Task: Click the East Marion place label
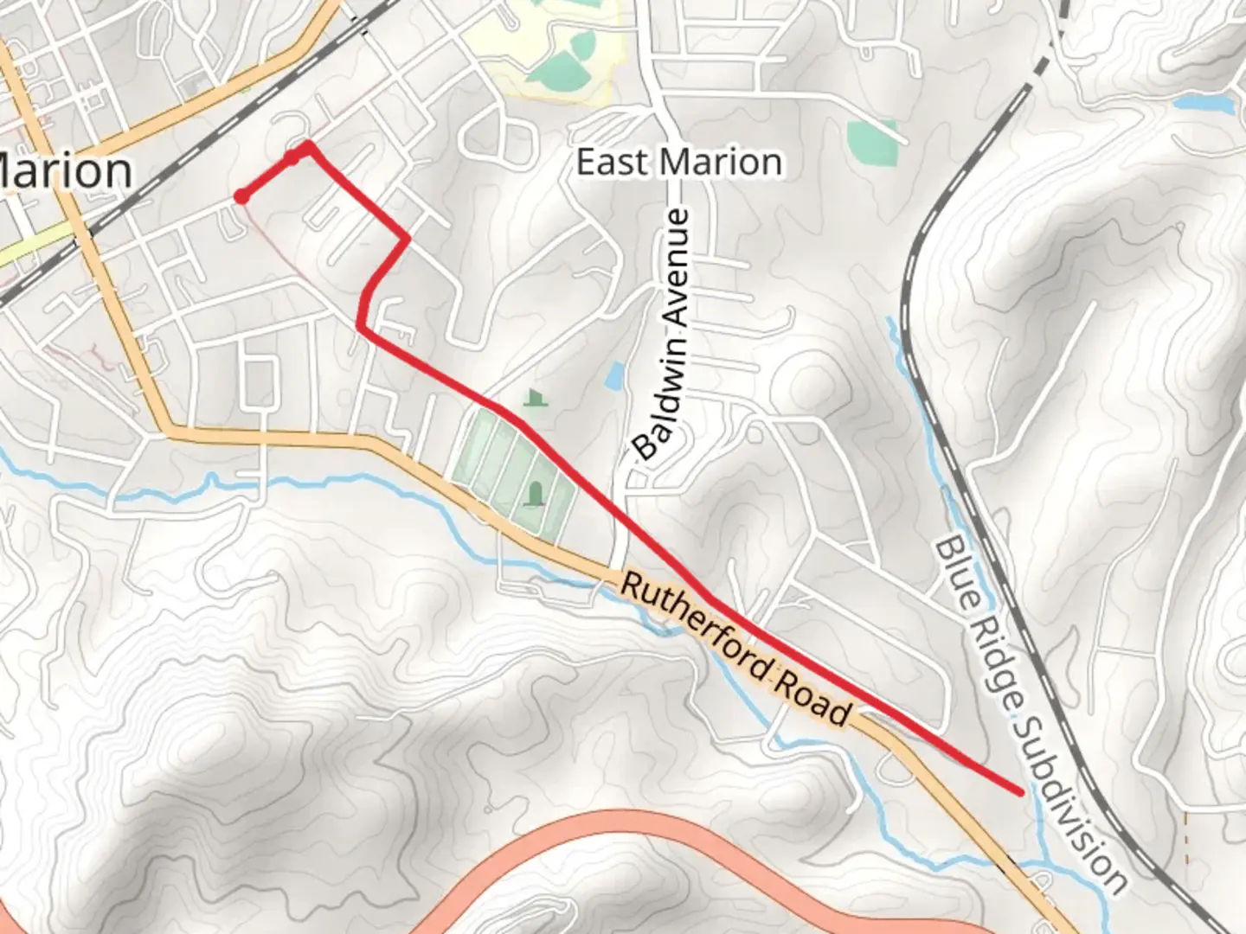pos(679,163)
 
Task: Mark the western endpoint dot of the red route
pos(242,197)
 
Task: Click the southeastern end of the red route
pos(1020,790)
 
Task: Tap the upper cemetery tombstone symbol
pos(536,398)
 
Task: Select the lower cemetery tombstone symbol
pos(536,495)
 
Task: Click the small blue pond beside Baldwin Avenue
pos(615,375)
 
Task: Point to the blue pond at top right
pos(1204,103)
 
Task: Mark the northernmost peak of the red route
pos(307,144)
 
